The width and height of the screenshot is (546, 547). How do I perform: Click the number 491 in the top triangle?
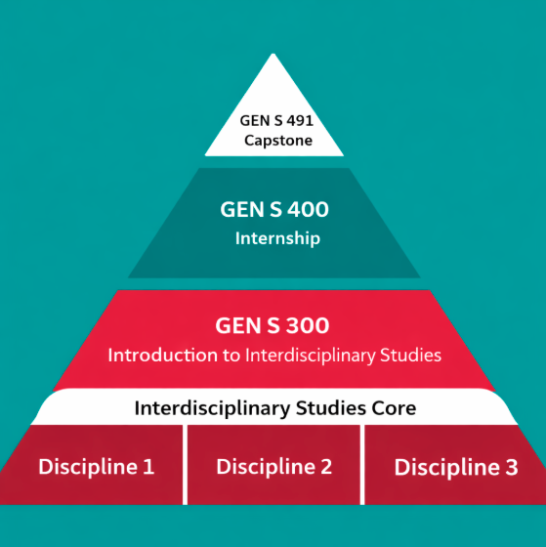(300, 121)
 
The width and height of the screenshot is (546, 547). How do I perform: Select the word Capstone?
(278, 141)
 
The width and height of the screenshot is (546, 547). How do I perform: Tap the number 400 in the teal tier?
(308, 209)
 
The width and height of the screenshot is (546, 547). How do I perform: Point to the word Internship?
(277, 239)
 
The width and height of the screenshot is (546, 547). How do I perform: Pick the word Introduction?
(164, 356)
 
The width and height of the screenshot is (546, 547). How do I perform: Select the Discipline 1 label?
(97, 467)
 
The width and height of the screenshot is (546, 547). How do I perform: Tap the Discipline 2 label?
(273, 467)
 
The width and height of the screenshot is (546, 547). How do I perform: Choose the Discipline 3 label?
(456, 467)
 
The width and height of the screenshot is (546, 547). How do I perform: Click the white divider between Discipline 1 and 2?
(185, 465)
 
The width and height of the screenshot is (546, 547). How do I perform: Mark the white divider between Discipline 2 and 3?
(362, 465)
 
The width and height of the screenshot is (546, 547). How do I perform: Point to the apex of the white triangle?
(273, 54)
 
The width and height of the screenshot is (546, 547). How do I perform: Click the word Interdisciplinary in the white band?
(212, 408)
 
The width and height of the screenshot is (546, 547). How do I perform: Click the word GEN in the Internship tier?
(242, 209)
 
